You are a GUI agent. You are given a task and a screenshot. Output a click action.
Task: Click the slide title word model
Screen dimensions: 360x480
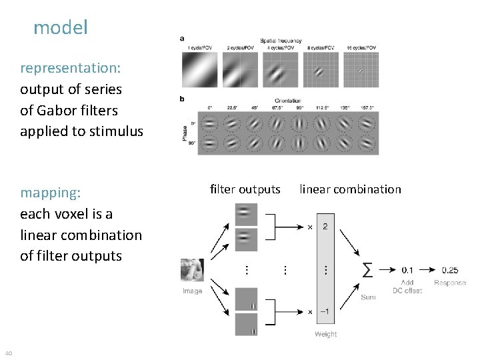coord(60,28)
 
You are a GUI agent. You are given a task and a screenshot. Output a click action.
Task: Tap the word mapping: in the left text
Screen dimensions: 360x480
coord(51,193)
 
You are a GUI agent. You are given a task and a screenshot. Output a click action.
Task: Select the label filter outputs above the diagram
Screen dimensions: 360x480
coord(245,189)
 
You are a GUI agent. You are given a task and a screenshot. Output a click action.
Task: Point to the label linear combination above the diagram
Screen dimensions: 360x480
coord(350,189)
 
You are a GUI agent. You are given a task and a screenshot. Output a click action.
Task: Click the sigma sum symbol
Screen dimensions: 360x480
coord(367,270)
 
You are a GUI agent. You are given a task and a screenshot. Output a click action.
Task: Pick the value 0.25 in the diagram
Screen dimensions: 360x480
coord(449,270)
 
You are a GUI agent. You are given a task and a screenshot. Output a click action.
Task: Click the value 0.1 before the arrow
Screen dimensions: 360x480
coord(407,270)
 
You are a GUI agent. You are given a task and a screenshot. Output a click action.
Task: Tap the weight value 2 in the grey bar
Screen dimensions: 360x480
coord(325,227)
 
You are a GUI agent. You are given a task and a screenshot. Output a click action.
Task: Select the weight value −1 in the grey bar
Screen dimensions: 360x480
coord(325,311)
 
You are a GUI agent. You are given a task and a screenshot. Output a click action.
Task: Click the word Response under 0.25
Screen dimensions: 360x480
coord(450,283)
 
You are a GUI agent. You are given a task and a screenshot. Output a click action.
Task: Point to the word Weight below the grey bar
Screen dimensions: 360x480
coord(325,334)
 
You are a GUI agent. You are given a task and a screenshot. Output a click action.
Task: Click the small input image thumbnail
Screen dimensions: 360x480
coord(192,271)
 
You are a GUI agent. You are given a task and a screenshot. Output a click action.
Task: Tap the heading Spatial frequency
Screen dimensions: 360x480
coord(281,41)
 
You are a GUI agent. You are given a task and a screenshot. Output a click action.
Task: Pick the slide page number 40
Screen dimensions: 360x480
coord(8,353)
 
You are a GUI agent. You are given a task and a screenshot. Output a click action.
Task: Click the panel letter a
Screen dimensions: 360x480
coord(183,38)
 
